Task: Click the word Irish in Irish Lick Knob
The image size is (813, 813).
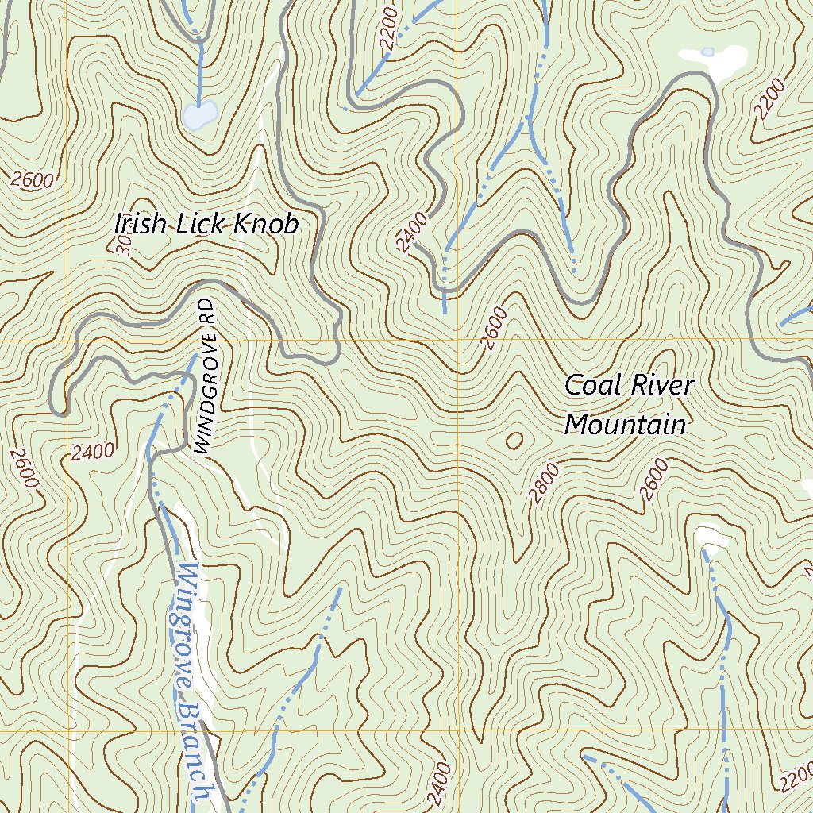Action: tap(141, 225)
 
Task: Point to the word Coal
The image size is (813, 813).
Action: tap(591, 386)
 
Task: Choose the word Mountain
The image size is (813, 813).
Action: tap(625, 425)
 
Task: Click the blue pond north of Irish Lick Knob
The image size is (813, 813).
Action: tap(199, 114)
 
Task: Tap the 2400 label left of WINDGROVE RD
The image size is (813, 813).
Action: tap(92, 453)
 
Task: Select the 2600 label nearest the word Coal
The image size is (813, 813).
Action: tap(494, 329)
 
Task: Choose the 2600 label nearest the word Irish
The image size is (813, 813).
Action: tap(33, 180)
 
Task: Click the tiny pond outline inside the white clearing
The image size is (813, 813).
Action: tap(707, 52)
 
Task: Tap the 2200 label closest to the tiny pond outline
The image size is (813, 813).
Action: tap(770, 99)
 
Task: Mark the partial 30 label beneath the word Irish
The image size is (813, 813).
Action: tap(124, 249)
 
